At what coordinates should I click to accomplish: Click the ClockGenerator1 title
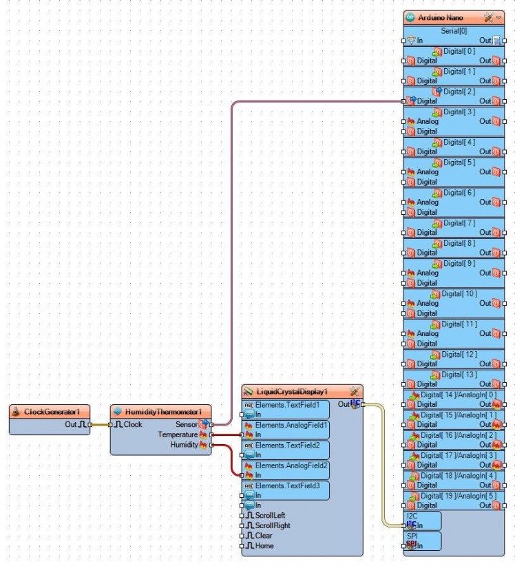(48, 411)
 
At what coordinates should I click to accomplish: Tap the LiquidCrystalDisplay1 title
(292, 391)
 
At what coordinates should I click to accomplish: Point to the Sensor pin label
(186, 424)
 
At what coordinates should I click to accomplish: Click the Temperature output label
(178, 434)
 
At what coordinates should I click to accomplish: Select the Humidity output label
(183, 445)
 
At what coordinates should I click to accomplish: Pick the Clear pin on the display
(264, 536)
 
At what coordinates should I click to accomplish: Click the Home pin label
(264, 546)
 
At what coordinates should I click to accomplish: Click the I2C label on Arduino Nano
(412, 516)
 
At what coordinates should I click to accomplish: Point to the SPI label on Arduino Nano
(412, 536)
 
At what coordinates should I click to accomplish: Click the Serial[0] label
(454, 31)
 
